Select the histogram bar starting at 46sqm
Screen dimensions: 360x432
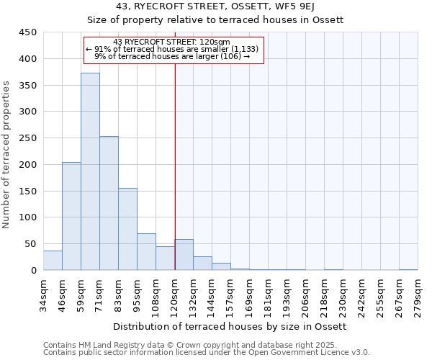(x=71, y=216)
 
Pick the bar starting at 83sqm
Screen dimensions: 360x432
(x=127, y=229)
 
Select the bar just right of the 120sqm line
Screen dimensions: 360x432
(x=184, y=255)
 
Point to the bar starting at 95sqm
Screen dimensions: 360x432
(x=146, y=252)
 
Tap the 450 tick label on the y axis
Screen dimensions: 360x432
(x=27, y=32)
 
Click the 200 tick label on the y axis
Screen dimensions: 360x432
(x=27, y=165)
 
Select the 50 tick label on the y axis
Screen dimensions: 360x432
(x=30, y=244)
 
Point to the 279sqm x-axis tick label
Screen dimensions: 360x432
(x=418, y=295)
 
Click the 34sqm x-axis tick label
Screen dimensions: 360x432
(x=43, y=295)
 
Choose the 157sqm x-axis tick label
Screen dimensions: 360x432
(x=230, y=295)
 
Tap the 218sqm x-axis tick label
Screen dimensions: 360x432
(x=324, y=295)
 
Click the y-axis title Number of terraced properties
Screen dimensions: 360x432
(x=6, y=155)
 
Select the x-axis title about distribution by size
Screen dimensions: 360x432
(x=230, y=327)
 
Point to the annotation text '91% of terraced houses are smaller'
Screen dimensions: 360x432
(x=174, y=49)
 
